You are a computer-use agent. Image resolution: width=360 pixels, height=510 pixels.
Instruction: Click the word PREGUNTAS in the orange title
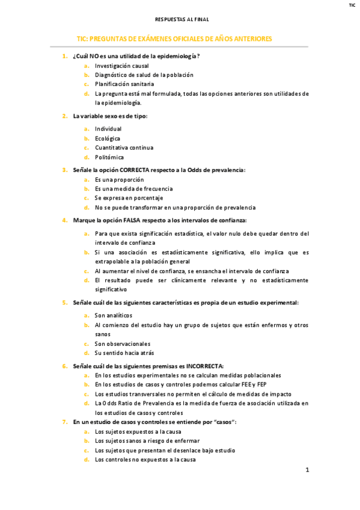click(117, 38)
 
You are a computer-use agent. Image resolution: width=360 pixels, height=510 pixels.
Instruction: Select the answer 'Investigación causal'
click(122, 66)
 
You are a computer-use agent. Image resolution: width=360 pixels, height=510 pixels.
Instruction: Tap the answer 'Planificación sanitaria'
click(124, 84)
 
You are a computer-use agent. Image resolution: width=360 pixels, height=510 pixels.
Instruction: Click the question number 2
click(65, 116)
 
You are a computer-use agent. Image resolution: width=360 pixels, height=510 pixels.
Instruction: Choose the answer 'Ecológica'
click(108, 138)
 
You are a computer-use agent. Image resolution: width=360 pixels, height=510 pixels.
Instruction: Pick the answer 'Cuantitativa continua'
click(124, 147)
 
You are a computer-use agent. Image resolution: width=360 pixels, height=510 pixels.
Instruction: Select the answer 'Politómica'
click(109, 157)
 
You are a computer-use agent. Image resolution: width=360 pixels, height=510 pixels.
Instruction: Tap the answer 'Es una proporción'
click(119, 179)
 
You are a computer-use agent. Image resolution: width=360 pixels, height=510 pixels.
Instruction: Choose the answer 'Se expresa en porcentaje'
click(129, 198)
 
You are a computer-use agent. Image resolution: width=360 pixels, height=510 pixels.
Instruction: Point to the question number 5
click(65, 303)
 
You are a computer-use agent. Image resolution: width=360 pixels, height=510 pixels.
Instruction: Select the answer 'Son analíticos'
click(114, 315)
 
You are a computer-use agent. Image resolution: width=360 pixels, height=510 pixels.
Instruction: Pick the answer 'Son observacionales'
click(122, 343)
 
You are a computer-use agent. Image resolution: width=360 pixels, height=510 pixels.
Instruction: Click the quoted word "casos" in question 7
click(225, 422)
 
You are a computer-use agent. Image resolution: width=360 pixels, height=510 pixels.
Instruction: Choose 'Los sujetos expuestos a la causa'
click(138, 432)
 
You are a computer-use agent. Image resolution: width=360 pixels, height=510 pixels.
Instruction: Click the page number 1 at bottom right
click(307, 470)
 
